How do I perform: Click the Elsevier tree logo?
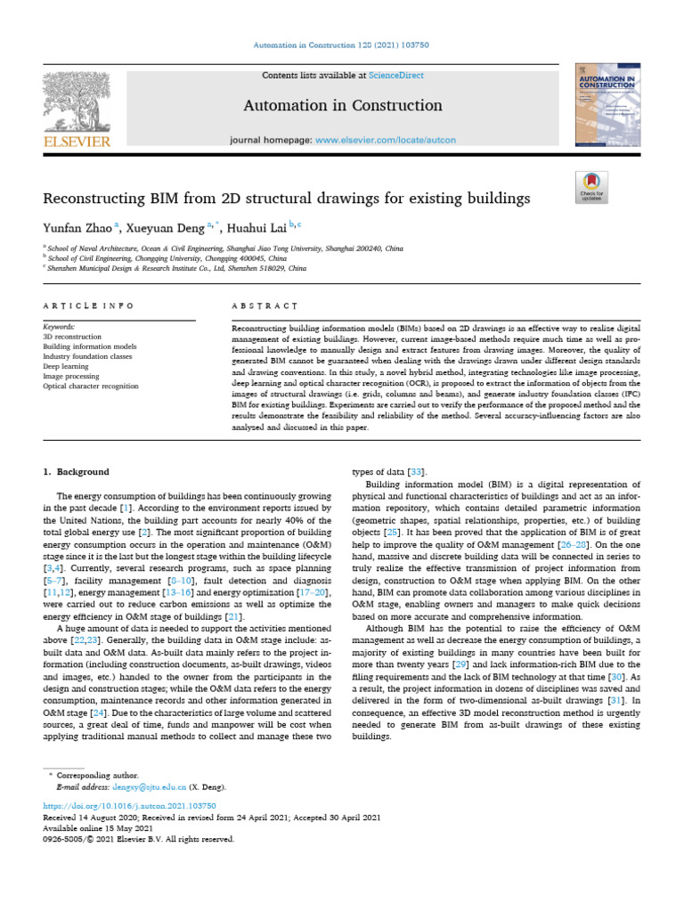coord(75,99)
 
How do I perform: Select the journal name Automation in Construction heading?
coord(343,106)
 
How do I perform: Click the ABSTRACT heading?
coord(265,306)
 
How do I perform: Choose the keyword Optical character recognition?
coord(91,387)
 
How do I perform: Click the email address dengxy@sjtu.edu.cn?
coord(150,787)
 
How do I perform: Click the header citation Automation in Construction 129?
coord(342,44)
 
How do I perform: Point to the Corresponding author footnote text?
coord(96,777)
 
